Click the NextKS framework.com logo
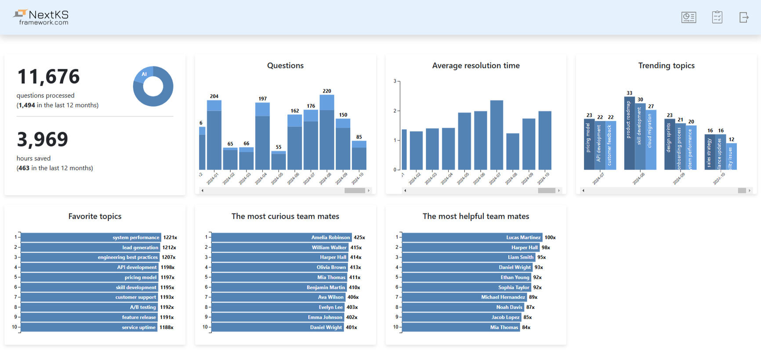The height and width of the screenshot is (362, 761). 41,17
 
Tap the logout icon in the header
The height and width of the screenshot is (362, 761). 743,17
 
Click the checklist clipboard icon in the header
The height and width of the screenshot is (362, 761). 717,17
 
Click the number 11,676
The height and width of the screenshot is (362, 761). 48,76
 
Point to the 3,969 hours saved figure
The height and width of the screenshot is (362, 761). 42,139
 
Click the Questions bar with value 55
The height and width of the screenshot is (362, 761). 279,161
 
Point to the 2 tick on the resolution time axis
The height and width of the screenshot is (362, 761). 395,111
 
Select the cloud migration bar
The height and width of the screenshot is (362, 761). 651,140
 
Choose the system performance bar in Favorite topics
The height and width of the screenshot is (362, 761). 91,237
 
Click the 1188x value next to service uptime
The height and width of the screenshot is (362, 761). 167,327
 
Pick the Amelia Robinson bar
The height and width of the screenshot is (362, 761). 281,237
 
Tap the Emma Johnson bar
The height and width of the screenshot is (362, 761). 277,317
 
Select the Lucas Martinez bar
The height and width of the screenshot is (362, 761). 472,237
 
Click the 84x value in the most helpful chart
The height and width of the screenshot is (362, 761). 526,327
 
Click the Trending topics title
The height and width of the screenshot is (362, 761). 666,65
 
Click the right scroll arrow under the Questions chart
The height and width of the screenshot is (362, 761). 369,191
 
